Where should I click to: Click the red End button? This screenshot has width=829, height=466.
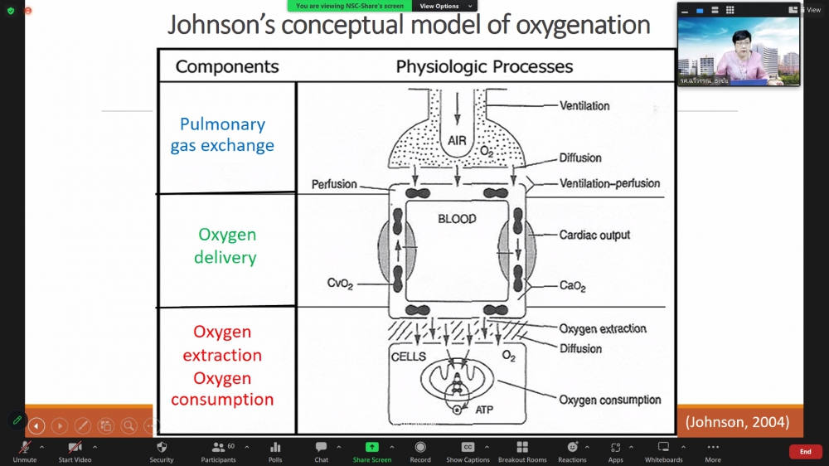point(805,451)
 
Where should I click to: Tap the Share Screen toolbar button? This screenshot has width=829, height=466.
point(371,451)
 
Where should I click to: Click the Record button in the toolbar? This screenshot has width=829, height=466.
point(420,451)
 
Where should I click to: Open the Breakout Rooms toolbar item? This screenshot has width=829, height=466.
point(522,451)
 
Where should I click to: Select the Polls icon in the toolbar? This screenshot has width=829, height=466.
point(275,451)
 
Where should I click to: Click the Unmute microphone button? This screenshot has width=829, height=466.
point(25,451)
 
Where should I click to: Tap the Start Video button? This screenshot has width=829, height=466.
point(75,451)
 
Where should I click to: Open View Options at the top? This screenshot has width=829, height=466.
point(439,6)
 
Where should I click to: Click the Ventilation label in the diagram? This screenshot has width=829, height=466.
point(584,106)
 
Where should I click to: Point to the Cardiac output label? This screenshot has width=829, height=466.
point(594,235)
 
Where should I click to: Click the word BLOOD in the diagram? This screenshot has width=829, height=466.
point(457,219)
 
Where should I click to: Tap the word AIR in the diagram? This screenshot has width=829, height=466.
point(457,141)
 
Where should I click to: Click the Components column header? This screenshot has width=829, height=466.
point(227,67)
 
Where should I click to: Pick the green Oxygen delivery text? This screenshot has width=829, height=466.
point(225,246)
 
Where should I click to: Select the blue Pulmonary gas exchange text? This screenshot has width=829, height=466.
point(222,135)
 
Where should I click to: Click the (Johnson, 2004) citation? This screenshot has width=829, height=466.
point(737,423)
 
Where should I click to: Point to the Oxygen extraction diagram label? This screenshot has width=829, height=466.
point(603,329)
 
